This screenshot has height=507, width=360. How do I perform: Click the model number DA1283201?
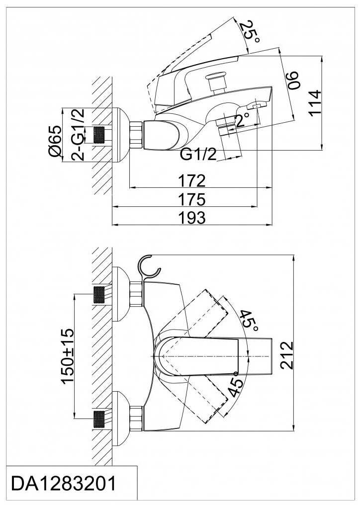tap(63, 484)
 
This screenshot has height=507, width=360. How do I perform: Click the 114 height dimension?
tap(315, 102)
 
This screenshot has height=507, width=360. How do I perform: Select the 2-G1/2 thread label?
tap(78, 135)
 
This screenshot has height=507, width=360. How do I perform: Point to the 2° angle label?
tap(243, 120)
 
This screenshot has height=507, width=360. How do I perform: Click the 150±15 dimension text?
tap(68, 356)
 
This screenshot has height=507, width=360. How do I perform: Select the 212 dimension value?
tap(286, 355)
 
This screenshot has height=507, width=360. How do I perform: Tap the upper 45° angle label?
tap(249, 321)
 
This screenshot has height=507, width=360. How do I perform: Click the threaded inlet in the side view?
tap(100, 135)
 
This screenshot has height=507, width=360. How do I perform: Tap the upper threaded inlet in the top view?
tap(99, 294)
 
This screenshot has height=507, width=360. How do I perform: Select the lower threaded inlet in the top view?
tap(99, 419)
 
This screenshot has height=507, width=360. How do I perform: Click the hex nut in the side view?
tap(136, 135)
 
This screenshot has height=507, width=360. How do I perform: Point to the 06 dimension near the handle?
tap(293, 80)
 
